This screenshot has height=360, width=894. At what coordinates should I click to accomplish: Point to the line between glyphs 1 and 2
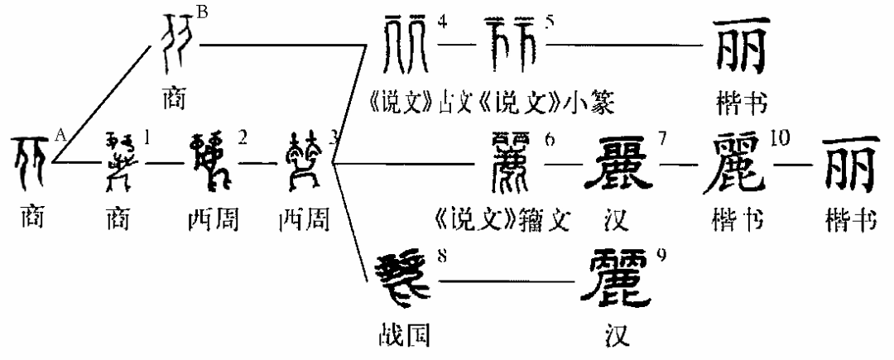(x=168, y=163)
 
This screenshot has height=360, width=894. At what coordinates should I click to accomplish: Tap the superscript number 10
(x=779, y=137)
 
